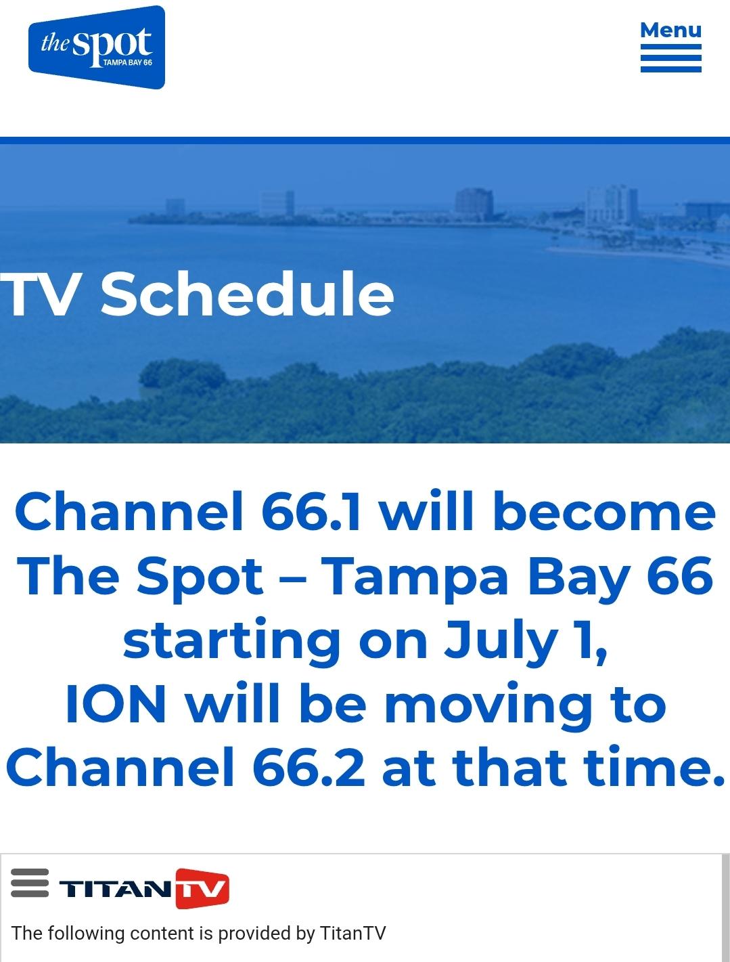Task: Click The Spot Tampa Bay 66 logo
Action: click(97, 47)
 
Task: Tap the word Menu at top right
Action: click(670, 30)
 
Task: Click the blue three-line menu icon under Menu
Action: click(670, 58)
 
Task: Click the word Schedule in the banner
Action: click(247, 294)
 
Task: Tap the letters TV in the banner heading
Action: click(39, 294)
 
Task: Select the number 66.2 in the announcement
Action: click(309, 768)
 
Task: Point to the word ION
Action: click(116, 704)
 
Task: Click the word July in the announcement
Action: click(501, 641)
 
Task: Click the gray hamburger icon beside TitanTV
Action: click(30, 883)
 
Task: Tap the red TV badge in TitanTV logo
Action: click(202, 888)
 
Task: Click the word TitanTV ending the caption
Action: click(352, 934)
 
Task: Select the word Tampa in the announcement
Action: click(414, 576)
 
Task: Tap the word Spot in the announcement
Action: click(199, 576)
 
